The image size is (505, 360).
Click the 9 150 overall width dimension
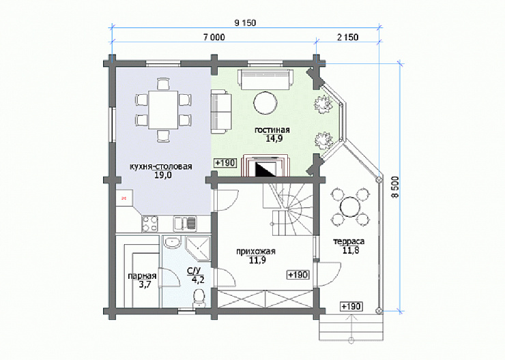click(246, 23)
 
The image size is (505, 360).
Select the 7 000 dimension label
click(214, 37)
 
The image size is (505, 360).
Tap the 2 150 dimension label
click(347, 37)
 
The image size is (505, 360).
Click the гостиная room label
click(272, 130)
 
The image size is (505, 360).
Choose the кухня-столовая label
click(160, 166)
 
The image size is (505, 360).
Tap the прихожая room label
click(256, 252)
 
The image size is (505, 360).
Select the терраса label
click(349, 241)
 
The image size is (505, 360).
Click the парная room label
click(142, 276)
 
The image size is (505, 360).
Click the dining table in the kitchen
click(163, 109)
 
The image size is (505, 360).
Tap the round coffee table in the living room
click(265, 103)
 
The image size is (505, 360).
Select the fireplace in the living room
click(266, 166)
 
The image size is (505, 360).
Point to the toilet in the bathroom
click(199, 298)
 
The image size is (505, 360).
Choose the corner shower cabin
click(199, 247)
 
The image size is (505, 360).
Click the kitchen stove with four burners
click(149, 224)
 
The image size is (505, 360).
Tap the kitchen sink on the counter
click(185, 224)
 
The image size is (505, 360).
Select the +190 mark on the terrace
click(351, 306)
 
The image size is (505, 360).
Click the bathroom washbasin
click(172, 242)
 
